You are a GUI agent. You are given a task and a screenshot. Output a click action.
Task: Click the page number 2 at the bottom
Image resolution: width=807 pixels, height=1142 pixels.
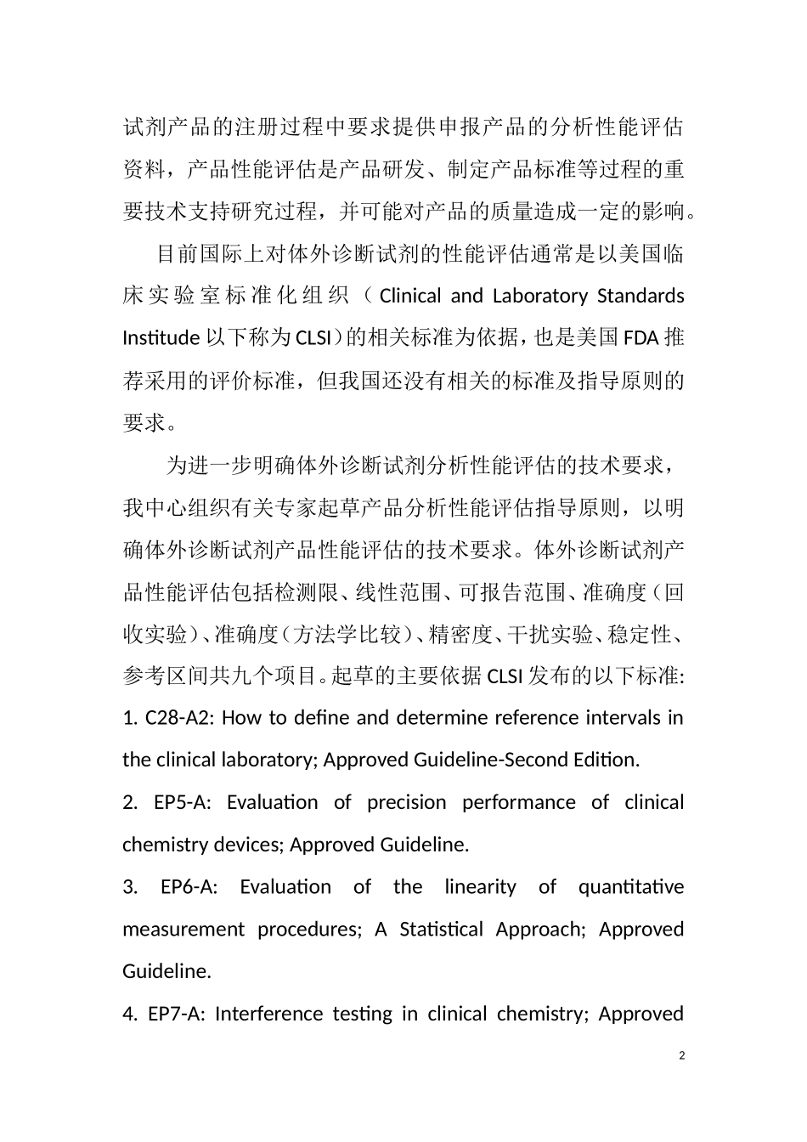coord(682,1055)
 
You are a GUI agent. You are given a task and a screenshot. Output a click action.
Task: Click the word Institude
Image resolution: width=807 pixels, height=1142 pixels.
coord(161,338)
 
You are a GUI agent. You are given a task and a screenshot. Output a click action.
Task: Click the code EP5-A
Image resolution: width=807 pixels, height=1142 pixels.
coord(181,802)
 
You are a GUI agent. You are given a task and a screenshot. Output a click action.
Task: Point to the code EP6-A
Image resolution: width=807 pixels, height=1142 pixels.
coord(189,887)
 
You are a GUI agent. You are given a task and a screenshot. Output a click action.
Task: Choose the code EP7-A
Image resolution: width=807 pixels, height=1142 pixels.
coord(176,1014)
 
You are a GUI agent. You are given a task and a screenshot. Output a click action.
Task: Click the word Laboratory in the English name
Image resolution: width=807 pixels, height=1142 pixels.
coord(539,297)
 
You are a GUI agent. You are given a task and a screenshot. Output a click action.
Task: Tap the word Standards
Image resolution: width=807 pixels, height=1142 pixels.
coord(641,297)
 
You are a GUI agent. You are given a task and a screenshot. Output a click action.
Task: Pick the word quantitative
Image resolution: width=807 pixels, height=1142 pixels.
coord(630,887)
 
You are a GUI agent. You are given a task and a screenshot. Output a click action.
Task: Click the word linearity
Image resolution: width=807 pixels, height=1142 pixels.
coord(480,887)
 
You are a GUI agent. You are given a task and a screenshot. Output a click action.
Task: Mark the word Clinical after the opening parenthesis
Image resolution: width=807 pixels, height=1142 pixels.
coord(410,297)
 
